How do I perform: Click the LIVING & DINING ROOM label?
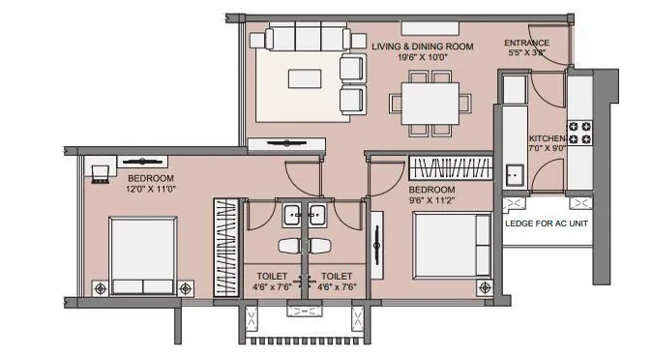pos(424,45)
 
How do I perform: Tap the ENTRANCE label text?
pos(527,43)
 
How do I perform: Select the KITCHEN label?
pos(547,138)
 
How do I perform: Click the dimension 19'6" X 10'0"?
pos(424,57)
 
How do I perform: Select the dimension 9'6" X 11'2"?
pos(431,200)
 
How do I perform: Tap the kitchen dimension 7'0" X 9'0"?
pos(547,149)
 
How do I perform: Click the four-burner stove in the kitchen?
pos(580,133)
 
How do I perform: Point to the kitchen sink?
pos(513,176)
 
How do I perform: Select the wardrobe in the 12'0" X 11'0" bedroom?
pos(224,248)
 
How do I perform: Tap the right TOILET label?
pos(338,275)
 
